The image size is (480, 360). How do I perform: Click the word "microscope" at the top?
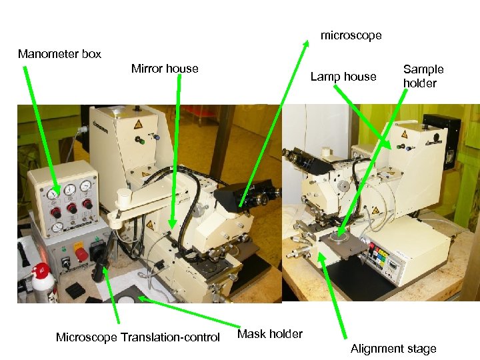351,35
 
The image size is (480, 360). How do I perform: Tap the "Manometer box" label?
59,54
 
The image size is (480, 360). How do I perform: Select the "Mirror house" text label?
165,69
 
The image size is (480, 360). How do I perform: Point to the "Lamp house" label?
343,77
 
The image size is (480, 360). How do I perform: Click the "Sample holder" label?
423,76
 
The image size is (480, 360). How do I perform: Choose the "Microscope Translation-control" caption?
137,337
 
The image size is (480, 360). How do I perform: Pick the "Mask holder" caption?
270,334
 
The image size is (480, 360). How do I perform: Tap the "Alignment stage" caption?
393,349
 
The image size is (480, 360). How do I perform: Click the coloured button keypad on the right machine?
381,255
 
